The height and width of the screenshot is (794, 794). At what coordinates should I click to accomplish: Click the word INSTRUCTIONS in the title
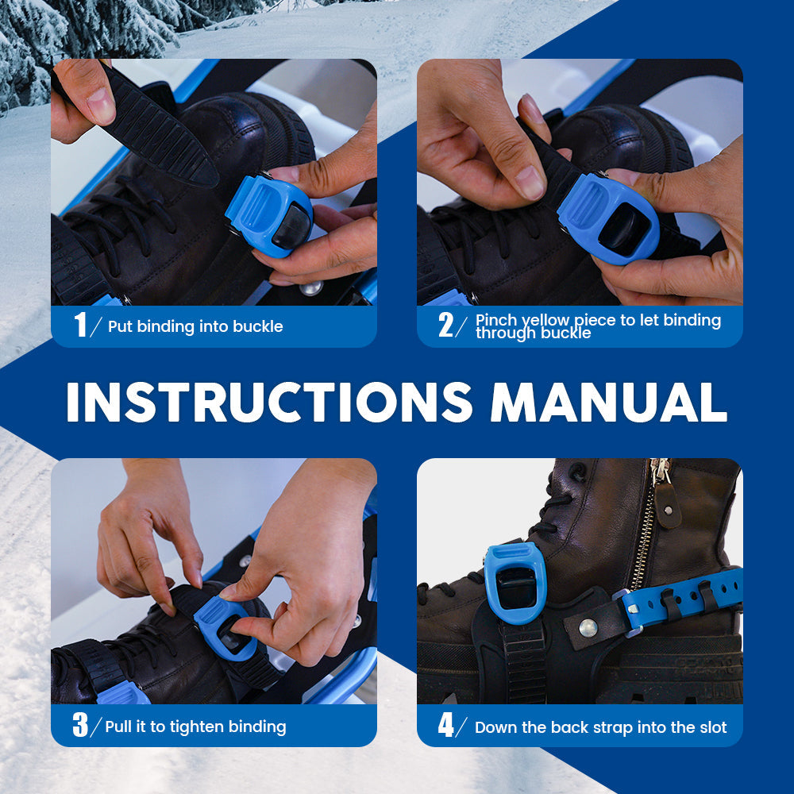(x=269, y=402)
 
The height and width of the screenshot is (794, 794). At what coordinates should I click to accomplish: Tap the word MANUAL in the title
(x=609, y=402)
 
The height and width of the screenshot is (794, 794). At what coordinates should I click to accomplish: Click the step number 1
(x=80, y=325)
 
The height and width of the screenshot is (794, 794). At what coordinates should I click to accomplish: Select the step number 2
(x=445, y=325)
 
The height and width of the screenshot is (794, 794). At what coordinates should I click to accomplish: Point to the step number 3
(x=80, y=725)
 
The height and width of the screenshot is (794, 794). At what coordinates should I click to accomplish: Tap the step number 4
(x=445, y=725)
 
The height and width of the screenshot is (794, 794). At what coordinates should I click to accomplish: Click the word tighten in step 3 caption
(x=196, y=727)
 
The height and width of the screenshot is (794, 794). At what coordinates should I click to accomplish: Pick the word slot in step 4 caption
(x=713, y=727)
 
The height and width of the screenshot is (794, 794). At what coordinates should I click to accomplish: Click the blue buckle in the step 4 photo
(x=515, y=582)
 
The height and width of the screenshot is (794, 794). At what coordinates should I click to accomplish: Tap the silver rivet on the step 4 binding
(x=588, y=628)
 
